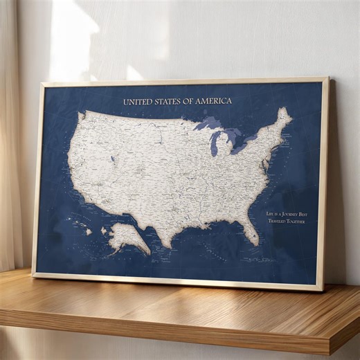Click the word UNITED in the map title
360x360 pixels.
tap(137, 102)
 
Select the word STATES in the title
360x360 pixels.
tap(168, 102)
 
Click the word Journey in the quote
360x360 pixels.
tap(289, 215)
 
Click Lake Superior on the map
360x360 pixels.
tap(207, 125)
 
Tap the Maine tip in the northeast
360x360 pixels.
tap(283, 115)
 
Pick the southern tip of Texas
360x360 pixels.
tap(166, 243)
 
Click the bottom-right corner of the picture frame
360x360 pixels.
tap(321, 289)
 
